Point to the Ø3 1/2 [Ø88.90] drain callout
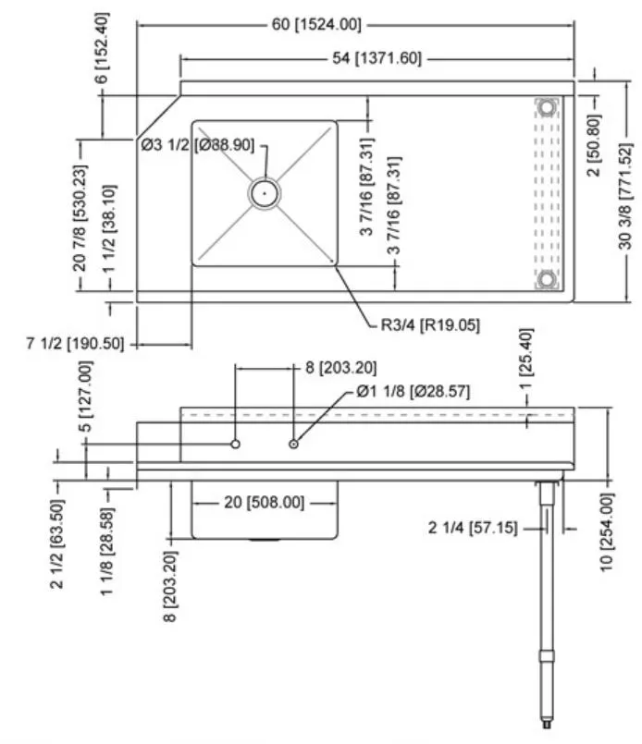[x=197, y=144]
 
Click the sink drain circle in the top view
[x=265, y=193]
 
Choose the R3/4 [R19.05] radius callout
[x=429, y=325]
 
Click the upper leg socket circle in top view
[x=548, y=107]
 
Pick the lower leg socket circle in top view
[x=548, y=279]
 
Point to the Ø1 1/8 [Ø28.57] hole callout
[x=413, y=393]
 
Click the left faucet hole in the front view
[x=236, y=445]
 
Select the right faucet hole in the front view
[x=294, y=445]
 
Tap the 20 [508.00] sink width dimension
[x=264, y=503]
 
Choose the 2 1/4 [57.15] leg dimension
[x=472, y=528]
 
